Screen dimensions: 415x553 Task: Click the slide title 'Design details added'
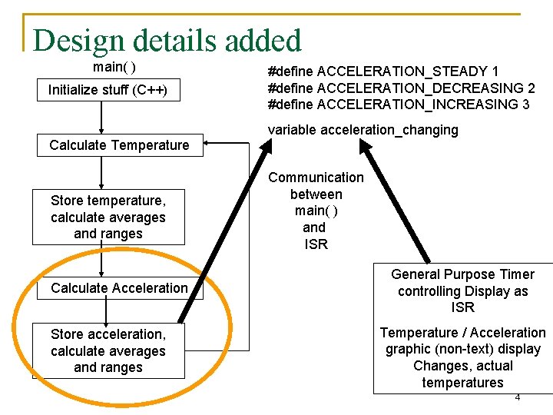click(x=167, y=40)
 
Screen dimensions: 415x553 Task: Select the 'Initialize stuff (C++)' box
click(x=108, y=90)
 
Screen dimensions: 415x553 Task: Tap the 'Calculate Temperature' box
click(x=119, y=144)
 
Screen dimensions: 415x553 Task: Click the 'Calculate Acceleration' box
click(x=119, y=288)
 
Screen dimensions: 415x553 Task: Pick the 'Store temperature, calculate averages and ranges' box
click(x=108, y=217)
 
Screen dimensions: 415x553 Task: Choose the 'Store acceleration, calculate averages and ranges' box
click(x=108, y=351)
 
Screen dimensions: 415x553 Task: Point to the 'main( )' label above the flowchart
click(x=114, y=67)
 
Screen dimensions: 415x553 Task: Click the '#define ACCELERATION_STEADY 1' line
click(x=383, y=71)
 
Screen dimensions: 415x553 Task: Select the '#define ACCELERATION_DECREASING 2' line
click(x=401, y=88)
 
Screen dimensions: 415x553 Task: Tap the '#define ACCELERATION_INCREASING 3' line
click(x=398, y=104)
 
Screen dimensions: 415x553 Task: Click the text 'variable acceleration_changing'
click(x=363, y=130)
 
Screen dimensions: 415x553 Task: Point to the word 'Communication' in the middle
click(x=316, y=178)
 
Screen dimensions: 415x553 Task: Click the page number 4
click(x=518, y=397)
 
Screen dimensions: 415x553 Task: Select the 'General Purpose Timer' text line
click(x=462, y=274)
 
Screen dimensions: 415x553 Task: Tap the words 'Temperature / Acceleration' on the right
click(x=462, y=333)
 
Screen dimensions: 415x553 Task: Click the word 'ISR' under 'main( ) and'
click(x=316, y=244)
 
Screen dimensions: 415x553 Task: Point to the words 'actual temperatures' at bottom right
click(x=462, y=374)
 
